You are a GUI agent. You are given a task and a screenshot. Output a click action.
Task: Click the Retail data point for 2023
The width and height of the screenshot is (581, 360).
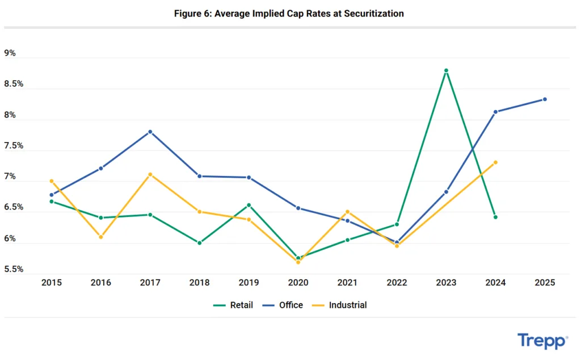[447, 70]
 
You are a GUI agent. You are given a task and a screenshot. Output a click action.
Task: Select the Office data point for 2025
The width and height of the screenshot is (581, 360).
[545, 99]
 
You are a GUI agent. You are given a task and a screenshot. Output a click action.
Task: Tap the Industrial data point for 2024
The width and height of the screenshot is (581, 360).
[495, 162]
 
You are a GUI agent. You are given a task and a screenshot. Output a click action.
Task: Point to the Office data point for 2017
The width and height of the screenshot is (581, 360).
[150, 132]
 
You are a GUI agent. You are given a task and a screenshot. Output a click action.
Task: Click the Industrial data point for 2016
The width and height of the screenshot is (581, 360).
[100, 237]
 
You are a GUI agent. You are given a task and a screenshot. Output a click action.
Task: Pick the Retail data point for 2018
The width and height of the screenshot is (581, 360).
[199, 242]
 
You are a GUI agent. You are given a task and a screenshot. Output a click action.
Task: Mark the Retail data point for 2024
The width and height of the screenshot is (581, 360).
[495, 217]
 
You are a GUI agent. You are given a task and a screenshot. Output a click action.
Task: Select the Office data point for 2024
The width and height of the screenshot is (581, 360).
[495, 112]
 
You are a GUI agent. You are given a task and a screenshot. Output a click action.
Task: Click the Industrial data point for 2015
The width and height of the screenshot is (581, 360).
[52, 181]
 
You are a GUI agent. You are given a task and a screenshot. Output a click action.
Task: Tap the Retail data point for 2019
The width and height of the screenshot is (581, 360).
[249, 205]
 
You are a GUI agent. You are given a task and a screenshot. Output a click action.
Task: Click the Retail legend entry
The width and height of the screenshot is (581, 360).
[233, 305]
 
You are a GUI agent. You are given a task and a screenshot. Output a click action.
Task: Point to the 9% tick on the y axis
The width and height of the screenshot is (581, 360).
[10, 53]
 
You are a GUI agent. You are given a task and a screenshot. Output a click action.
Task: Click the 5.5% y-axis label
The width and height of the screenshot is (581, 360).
[14, 269]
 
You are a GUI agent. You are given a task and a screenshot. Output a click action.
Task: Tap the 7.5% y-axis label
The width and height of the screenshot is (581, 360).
[14, 146]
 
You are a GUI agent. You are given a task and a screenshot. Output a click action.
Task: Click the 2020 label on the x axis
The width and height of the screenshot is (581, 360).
[298, 282]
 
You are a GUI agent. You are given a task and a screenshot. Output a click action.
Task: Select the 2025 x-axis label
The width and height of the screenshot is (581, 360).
[545, 282]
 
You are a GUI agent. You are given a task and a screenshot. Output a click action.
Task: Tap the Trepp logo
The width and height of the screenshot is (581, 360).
[542, 341]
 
